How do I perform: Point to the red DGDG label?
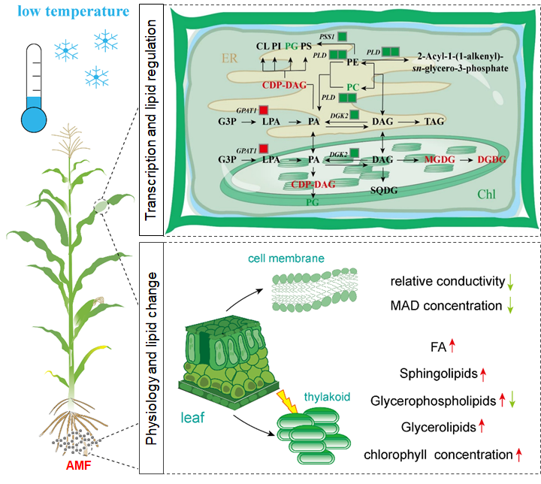coord(489,160)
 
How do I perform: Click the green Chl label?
coord(487,195)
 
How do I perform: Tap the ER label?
coord(227,56)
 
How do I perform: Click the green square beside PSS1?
coord(342,36)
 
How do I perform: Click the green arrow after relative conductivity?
coord(509,283)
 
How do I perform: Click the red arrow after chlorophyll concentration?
coord(518,454)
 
